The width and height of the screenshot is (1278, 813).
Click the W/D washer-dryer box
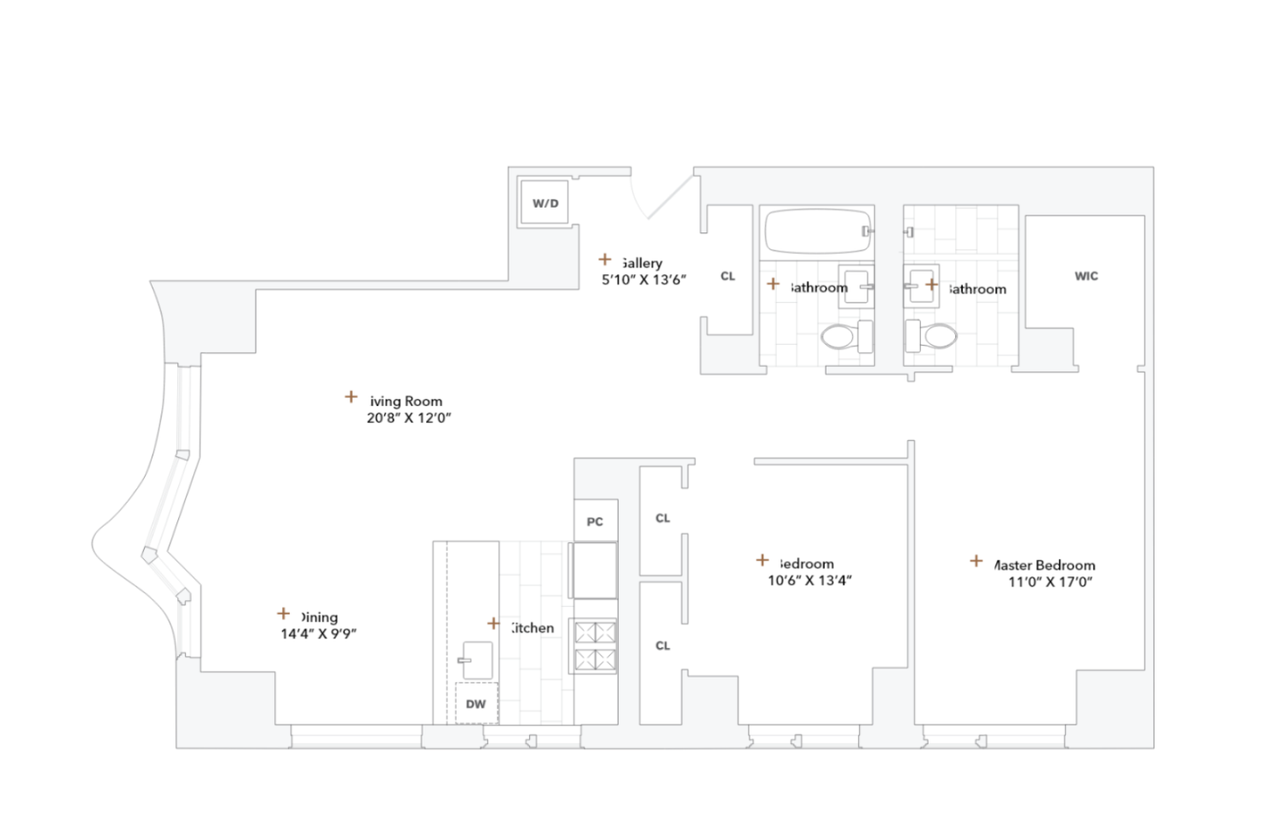click(544, 203)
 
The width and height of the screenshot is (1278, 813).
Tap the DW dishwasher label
click(475, 704)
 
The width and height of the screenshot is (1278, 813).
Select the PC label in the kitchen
click(595, 521)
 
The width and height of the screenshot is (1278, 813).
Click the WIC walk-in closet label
click(1086, 276)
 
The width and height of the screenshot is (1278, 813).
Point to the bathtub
click(819, 231)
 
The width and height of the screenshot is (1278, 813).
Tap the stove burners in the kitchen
click(595, 645)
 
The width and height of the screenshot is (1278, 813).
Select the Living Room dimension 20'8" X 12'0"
click(408, 418)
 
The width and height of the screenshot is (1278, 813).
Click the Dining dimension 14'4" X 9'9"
click(318, 633)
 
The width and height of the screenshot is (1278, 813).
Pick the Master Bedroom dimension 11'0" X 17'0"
click(1050, 582)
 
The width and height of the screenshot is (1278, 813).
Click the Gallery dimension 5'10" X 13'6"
click(643, 279)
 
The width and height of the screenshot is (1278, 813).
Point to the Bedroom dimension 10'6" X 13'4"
click(810, 581)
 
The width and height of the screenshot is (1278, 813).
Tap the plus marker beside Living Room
click(350, 397)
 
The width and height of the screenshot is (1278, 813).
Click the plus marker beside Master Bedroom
click(976, 561)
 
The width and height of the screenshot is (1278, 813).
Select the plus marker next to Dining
click(283, 613)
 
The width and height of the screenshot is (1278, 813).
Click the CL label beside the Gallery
click(728, 276)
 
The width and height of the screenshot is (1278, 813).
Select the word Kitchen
click(532, 628)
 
